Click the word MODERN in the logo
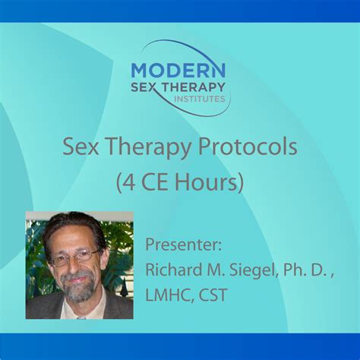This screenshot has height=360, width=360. (178, 69)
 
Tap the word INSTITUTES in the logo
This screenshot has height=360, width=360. (200, 99)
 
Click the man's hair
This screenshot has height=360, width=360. (72, 226)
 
